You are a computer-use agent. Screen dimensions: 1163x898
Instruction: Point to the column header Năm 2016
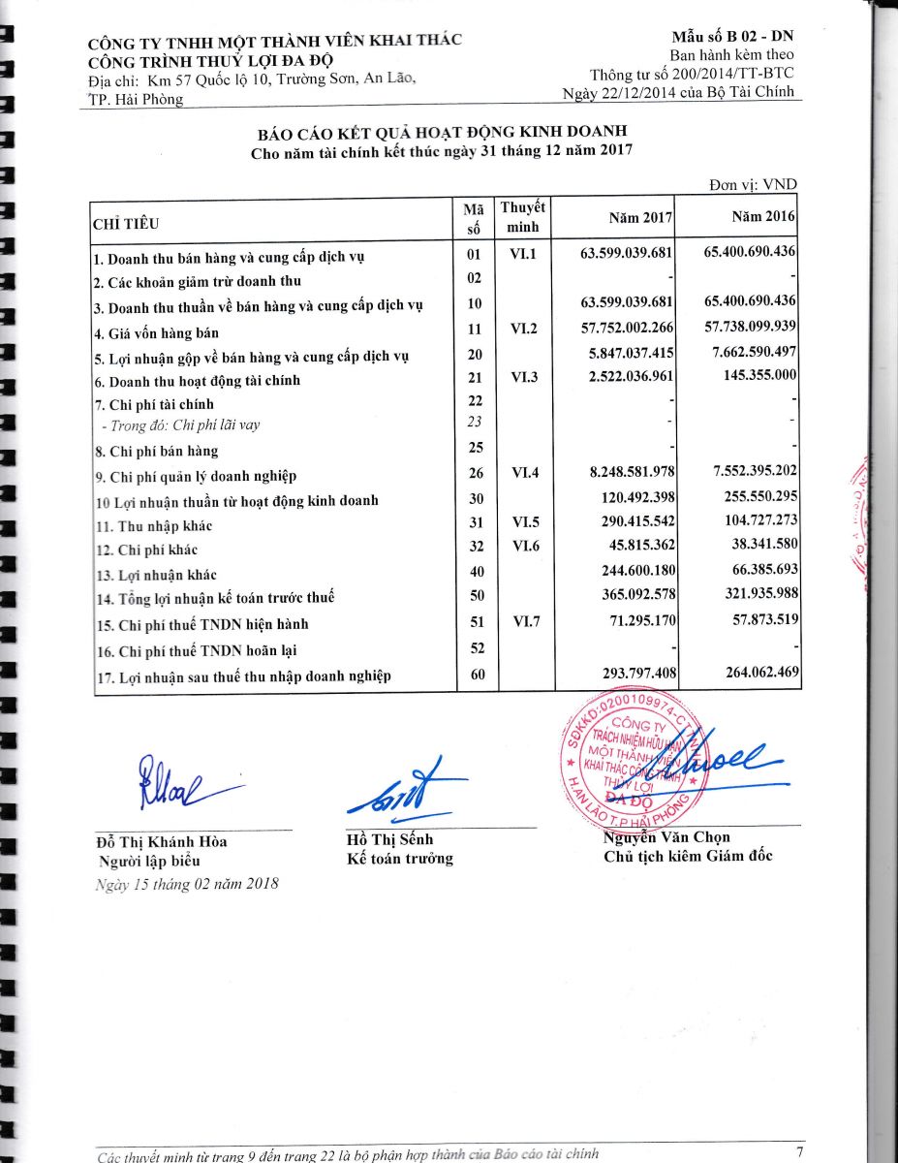763,218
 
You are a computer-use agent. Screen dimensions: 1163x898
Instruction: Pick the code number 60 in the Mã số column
476,675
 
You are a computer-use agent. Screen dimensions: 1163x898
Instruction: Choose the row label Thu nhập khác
153,526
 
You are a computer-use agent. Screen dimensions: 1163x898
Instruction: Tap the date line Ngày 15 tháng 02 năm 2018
187,883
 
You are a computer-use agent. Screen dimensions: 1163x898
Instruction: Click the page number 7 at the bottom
799,1151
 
